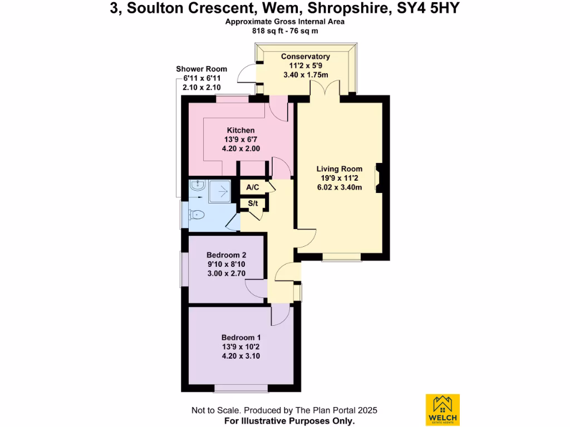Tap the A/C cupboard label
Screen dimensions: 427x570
tap(252, 188)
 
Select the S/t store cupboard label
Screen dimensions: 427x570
tap(253, 203)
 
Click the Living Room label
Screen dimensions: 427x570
tap(340, 169)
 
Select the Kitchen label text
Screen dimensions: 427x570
tap(240, 130)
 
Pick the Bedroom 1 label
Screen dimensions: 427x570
tap(241, 337)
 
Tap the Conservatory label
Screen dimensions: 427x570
tap(306, 57)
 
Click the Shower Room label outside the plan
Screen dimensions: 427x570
tap(202, 69)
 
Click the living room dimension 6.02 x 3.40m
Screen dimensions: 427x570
tap(340, 187)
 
